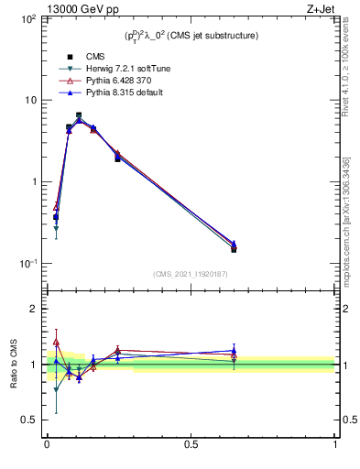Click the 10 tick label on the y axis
[29, 100]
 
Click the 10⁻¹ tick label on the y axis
[26, 264]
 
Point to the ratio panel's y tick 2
[33, 309]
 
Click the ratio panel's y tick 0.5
[29, 420]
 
